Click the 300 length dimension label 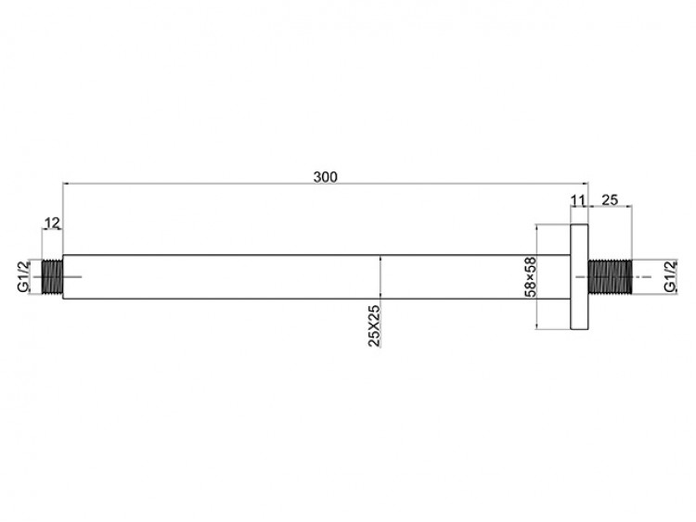326,177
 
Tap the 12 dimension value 52,223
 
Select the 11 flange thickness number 578,201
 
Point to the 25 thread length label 610,200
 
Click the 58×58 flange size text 531,277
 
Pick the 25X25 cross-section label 374,325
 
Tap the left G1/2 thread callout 23,276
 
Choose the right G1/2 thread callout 670,276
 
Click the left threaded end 52,276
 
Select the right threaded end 610,276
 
